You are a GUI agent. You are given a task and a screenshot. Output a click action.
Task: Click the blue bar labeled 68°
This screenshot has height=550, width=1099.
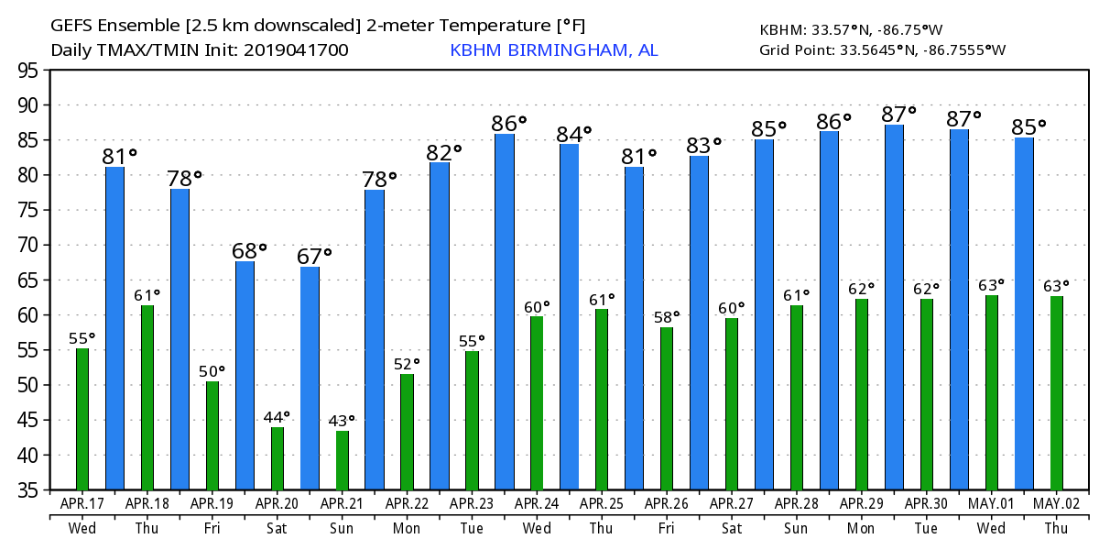pos(245,376)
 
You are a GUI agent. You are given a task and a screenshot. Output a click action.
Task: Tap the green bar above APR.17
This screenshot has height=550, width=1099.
pos(82,419)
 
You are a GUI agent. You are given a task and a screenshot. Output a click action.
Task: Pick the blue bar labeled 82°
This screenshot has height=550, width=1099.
pos(440,326)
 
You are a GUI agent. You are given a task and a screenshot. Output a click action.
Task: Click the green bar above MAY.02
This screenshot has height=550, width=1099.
pos(1057,393)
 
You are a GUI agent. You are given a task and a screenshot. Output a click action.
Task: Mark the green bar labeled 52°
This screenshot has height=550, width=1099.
pos(407,432)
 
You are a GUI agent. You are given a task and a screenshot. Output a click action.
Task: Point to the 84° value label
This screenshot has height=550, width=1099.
pos(574,135)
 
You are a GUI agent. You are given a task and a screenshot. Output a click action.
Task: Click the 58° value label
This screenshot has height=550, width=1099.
pos(669,317)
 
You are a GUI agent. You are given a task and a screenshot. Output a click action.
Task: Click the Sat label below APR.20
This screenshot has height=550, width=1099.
pos(277,529)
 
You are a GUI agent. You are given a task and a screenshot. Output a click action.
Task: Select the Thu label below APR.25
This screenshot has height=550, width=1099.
pos(602,529)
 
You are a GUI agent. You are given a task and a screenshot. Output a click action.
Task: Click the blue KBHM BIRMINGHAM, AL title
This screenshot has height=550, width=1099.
pos(553,50)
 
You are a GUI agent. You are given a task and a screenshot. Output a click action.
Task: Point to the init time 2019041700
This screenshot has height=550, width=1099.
pos(296,50)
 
